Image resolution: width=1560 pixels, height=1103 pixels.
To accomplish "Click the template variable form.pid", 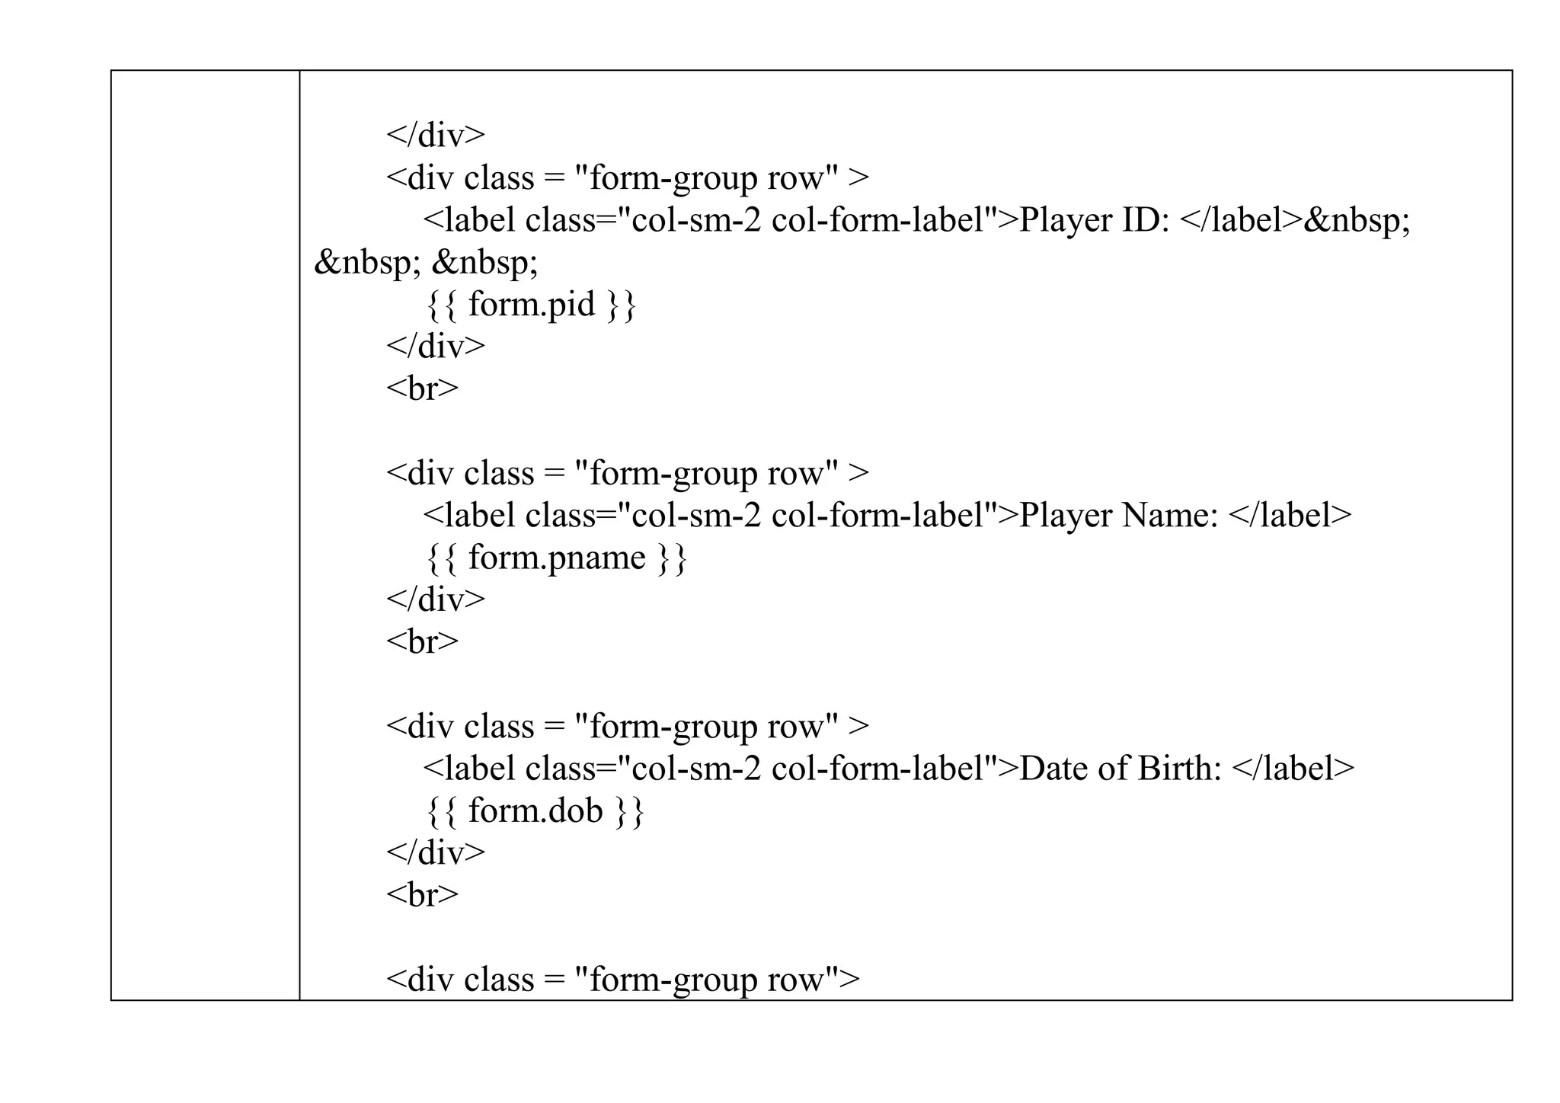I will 530,305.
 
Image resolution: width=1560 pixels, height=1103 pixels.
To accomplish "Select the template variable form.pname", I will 556,558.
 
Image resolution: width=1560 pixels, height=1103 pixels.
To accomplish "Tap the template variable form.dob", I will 535,810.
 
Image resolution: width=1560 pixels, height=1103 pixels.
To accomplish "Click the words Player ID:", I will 1094,221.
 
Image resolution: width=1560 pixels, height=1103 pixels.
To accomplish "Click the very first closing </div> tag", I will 435,136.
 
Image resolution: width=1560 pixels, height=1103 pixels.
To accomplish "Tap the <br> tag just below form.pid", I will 422,388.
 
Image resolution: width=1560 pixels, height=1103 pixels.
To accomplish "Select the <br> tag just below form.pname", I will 422,641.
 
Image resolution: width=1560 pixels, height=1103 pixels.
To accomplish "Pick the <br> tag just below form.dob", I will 422,894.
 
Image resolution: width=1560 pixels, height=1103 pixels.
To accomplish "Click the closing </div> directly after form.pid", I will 435,347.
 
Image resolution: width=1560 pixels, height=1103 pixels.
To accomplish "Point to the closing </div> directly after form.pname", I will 435,599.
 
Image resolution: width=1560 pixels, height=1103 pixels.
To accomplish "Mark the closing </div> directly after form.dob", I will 435,852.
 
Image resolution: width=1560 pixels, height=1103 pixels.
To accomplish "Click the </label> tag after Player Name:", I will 1290,516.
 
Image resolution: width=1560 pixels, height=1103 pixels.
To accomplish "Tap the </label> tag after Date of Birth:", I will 1293,769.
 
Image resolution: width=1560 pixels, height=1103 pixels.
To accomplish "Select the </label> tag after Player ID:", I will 1241,221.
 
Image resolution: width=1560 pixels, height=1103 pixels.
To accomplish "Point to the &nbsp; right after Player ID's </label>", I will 1357,221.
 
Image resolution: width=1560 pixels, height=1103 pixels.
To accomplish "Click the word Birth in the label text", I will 1179,769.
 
